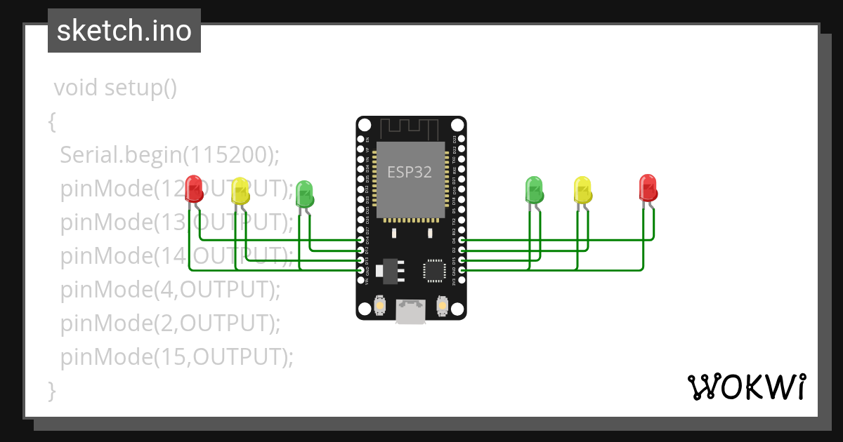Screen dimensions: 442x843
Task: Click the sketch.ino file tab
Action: [x=124, y=31]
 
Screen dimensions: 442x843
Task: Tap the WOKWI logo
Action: [x=745, y=387]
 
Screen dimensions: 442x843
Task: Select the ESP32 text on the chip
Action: [x=410, y=170]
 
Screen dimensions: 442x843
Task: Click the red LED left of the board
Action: [x=193, y=188]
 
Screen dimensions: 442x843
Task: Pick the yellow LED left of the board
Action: [x=240, y=191]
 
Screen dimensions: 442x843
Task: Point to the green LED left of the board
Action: [x=304, y=193]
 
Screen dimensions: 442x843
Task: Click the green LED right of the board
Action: [x=534, y=189]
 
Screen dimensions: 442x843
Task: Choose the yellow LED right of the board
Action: [x=583, y=189]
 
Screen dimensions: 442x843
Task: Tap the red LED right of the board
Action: [x=648, y=187]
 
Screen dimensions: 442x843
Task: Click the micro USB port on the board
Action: [x=410, y=312]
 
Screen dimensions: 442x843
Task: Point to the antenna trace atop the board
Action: [x=410, y=128]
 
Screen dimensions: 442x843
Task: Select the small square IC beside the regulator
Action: [x=433, y=271]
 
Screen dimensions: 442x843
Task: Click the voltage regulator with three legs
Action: [x=388, y=269]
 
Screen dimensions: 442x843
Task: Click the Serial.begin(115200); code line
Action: [x=169, y=155]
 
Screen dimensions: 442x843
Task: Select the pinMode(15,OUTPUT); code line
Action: [x=176, y=357]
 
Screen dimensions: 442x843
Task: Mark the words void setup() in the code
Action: [x=115, y=88]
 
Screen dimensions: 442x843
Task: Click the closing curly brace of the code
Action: [x=51, y=390]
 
